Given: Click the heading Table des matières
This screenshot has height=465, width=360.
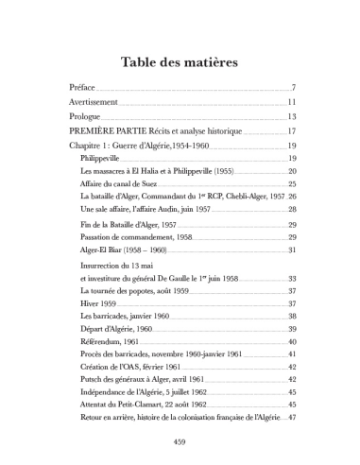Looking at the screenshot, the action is pyautogui.click(x=180, y=62).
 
